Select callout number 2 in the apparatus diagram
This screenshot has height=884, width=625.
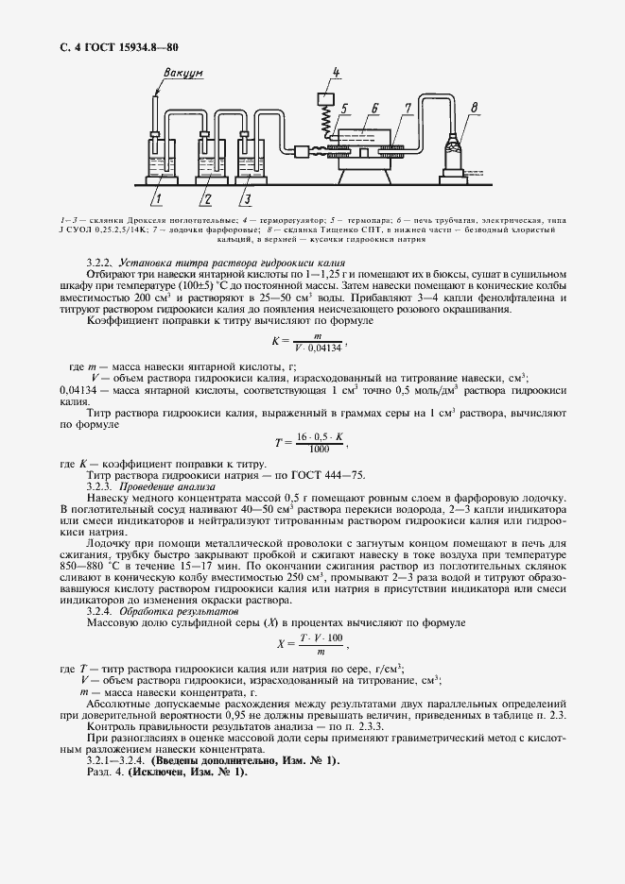[x=204, y=198]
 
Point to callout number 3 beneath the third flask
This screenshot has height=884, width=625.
[x=246, y=198]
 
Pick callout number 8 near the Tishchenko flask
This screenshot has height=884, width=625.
[x=475, y=107]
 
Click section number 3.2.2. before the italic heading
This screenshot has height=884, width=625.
[x=99, y=262]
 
